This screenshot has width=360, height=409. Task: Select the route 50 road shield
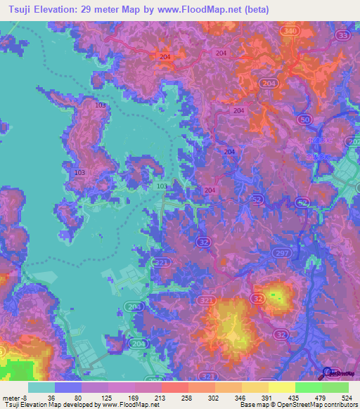(305, 121)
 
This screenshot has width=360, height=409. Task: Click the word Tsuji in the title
(20, 11)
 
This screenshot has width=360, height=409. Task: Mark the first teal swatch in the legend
(41, 387)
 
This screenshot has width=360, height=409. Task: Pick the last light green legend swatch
(335, 387)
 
